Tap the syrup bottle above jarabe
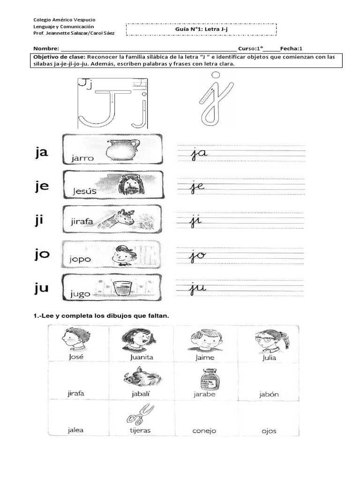205,377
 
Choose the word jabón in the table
269,394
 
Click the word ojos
269,430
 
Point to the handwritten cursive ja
199,153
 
